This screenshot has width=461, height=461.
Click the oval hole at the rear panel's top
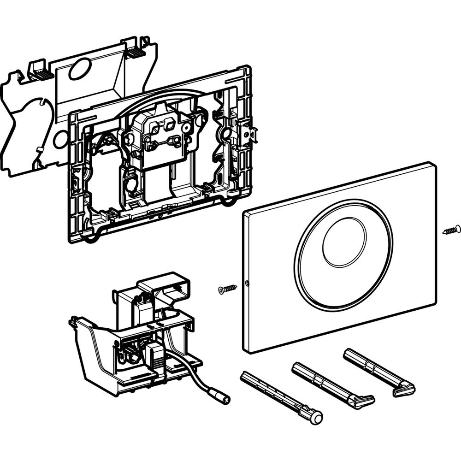click(x=79, y=69)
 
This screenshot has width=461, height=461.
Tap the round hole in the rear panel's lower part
click(x=60, y=140)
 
